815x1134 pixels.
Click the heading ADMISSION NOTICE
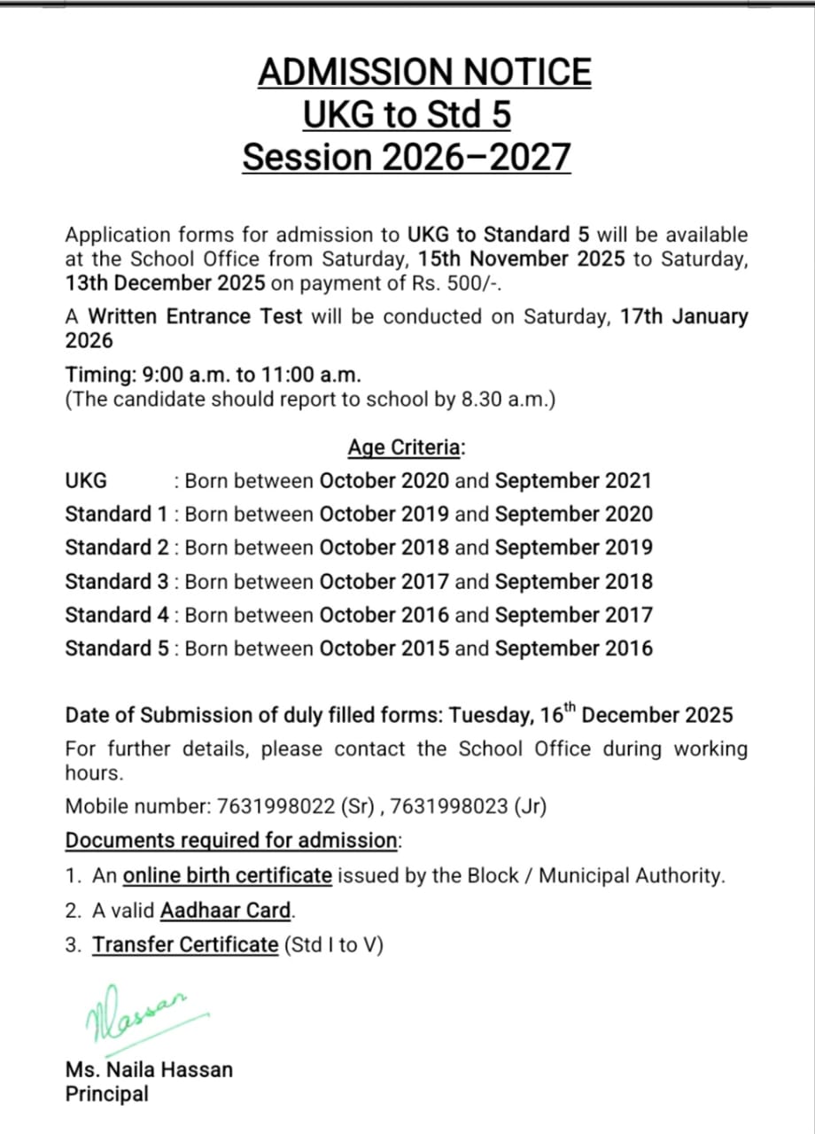[x=424, y=72]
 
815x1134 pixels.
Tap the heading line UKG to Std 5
[x=407, y=115]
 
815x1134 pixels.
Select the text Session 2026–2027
[x=407, y=158]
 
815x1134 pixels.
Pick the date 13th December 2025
[x=165, y=283]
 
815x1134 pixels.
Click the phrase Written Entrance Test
[x=196, y=316]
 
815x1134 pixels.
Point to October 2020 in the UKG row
[x=384, y=481]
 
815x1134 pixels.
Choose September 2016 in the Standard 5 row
[x=573, y=648]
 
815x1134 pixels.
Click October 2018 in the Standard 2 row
[x=384, y=548]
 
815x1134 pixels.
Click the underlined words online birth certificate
[x=227, y=876]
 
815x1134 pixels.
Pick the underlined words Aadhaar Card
[x=226, y=910]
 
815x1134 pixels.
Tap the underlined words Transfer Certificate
[x=185, y=944]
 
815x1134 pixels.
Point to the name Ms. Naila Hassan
[x=149, y=1069]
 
